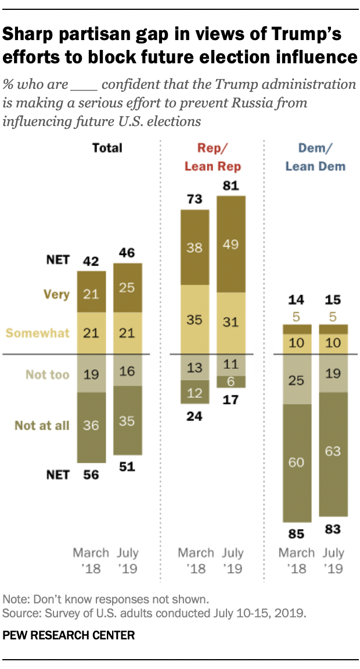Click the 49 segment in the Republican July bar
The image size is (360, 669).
[231, 244]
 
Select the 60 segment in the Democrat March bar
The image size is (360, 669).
[297, 463]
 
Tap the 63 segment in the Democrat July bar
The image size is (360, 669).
[333, 454]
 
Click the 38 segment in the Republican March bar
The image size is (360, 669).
[196, 247]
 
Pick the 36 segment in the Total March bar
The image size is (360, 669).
[91, 426]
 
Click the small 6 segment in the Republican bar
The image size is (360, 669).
[231, 381]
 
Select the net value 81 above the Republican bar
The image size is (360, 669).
[231, 186]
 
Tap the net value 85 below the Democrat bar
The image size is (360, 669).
[297, 532]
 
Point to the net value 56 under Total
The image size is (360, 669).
[91, 474]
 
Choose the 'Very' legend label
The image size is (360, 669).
[56, 294]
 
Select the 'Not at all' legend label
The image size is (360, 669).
[42, 426]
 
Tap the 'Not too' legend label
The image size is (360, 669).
[48, 375]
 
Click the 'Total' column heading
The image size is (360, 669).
[107, 148]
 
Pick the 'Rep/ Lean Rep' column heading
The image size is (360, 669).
[213, 157]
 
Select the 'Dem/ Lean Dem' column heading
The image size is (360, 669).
[315, 157]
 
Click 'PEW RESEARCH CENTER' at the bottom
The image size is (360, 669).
[69, 636]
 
